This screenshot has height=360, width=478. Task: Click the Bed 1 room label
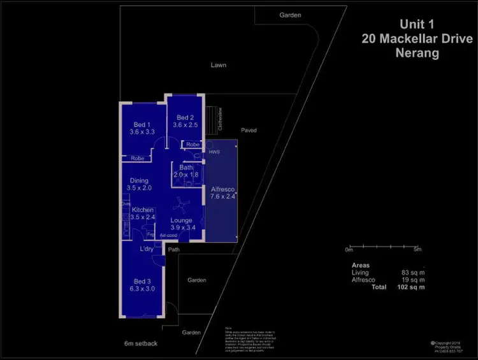pos(141,124)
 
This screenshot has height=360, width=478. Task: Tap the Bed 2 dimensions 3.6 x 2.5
pos(185,126)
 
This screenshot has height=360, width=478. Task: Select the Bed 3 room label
pos(143,281)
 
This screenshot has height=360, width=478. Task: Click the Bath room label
pos(186,168)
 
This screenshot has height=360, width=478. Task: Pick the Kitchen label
pos(143,210)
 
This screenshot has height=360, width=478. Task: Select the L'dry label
pos(147,248)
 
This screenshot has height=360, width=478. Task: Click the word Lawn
pos(219,65)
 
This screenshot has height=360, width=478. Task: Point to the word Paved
pos(249,130)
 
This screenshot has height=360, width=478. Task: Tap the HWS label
pos(214,152)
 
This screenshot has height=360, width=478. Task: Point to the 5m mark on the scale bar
pos(417,249)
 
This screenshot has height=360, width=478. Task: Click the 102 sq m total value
pos(412,287)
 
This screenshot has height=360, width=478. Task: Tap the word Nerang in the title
pos(417,54)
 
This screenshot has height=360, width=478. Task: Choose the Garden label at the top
pos(290,15)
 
